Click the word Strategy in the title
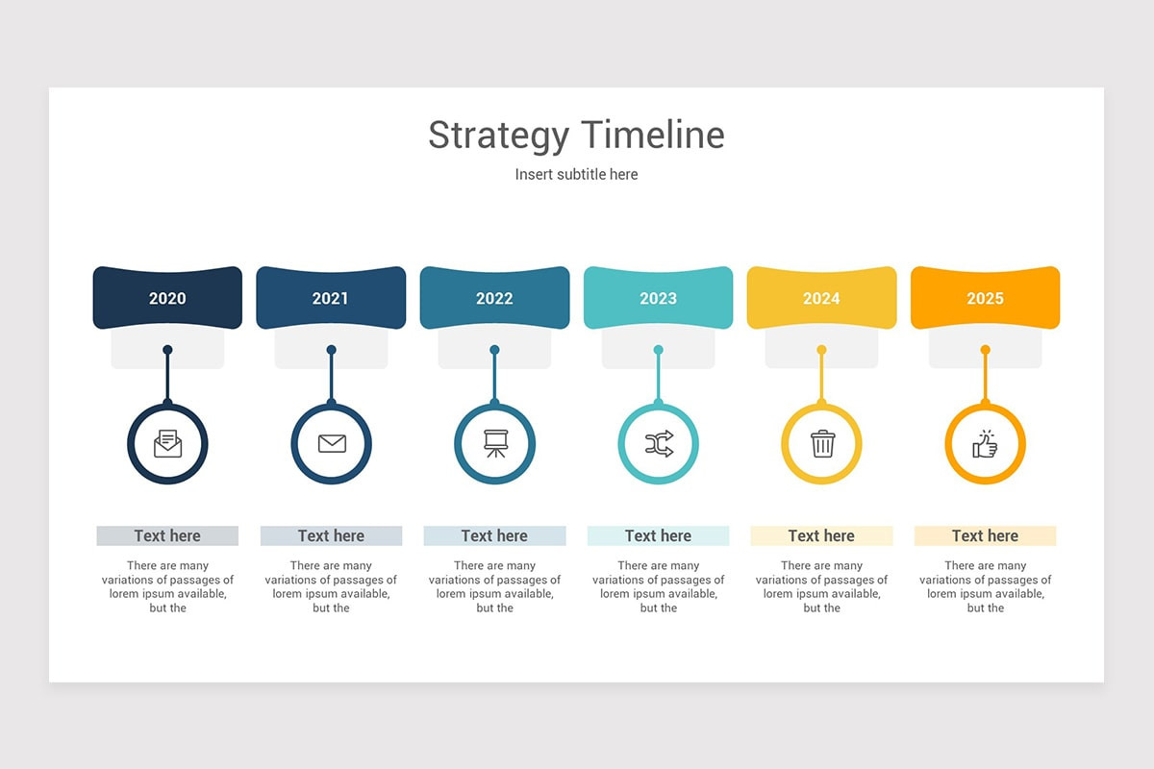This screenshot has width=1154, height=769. [498, 136]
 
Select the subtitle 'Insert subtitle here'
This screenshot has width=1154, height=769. [576, 174]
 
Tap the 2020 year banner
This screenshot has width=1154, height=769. [167, 298]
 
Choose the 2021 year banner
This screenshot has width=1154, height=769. [331, 298]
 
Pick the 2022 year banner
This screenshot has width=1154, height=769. [494, 298]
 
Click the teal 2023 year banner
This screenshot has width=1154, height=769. [658, 298]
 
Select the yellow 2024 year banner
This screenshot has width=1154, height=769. [821, 298]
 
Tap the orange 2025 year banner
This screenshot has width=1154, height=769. [985, 298]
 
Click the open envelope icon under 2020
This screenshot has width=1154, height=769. [167, 443]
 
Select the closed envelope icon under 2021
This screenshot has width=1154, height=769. [331, 443]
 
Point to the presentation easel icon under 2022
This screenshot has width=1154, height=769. [494, 443]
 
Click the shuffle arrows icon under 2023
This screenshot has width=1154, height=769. [658, 443]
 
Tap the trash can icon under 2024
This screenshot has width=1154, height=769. [822, 443]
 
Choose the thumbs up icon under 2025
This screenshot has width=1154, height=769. [985, 443]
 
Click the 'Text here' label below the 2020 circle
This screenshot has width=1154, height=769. [167, 535]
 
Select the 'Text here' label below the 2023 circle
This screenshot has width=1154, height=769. [658, 535]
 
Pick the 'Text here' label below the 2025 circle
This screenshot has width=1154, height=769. [985, 535]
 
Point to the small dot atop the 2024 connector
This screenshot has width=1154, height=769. [821, 350]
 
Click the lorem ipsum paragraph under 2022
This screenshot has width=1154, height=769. [494, 586]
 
